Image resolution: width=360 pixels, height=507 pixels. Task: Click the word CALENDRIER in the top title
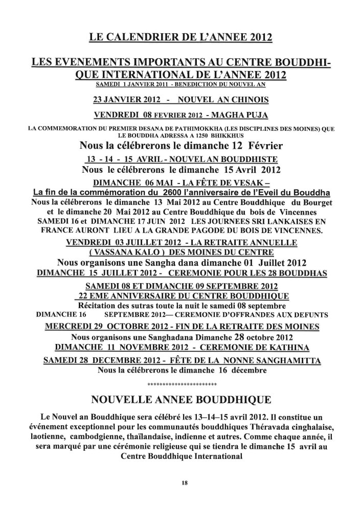click(x=141, y=37)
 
